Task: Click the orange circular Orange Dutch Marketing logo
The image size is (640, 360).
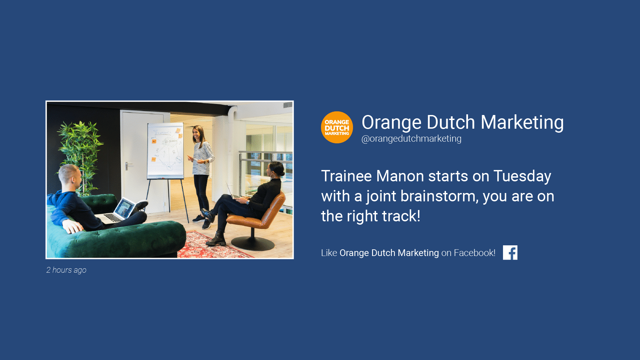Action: [x=337, y=127]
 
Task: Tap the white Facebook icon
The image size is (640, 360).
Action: [x=510, y=253]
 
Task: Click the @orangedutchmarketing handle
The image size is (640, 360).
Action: [x=411, y=139]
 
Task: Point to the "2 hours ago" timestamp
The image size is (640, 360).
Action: [x=66, y=270]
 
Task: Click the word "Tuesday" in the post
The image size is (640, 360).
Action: [x=522, y=177]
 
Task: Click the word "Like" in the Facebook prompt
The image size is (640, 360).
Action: [x=329, y=253]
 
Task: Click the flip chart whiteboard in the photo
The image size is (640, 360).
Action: [x=166, y=151]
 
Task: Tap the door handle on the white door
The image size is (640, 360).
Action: [x=128, y=165]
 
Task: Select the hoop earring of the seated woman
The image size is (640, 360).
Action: [x=273, y=176]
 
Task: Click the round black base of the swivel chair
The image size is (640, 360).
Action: [x=253, y=244]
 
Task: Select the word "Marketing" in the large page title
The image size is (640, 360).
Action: [x=522, y=123]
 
